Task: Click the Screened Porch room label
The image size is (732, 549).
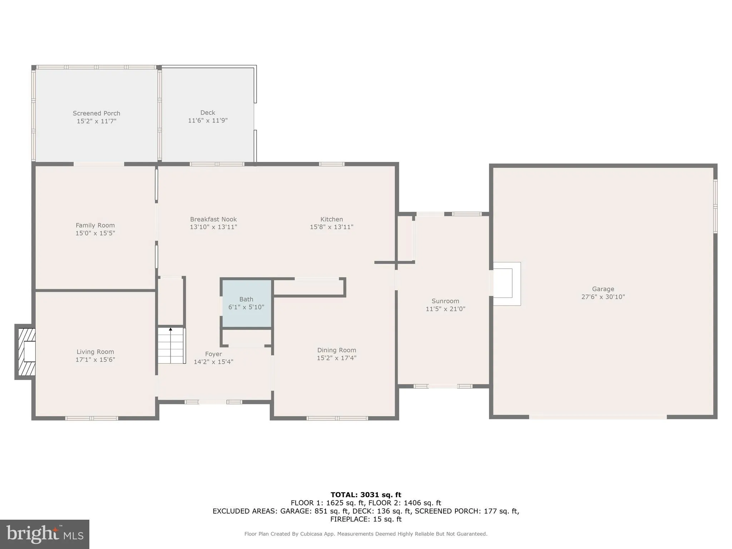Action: (x=97, y=113)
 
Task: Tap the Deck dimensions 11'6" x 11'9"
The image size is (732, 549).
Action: (x=208, y=120)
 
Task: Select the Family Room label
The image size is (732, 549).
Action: (x=95, y=225)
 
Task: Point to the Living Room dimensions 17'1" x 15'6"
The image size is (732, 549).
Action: (x=95, y=360)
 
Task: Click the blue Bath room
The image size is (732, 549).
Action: (x=246, y=303)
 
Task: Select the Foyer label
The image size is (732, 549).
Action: (x=213, y=354)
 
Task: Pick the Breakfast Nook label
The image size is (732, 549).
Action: (x=213, y=219)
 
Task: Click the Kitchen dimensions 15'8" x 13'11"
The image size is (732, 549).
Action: (x=331, y=227)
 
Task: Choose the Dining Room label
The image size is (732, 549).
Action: (x=336, y=350)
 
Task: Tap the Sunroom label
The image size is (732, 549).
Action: (x=445, y=301)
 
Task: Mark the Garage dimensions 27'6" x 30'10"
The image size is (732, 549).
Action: (x=603, y=297)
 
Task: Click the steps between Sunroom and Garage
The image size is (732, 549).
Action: (x=506, y=284)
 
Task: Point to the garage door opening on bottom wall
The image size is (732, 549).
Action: (x=598, y=417)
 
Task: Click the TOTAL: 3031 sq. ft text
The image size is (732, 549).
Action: (x=366, y=495)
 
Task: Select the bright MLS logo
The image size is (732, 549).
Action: (x=45, y=534)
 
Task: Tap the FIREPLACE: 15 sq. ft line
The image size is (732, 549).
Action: (x=366, y=519)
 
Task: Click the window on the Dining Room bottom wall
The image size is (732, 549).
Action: (x=337, y=418)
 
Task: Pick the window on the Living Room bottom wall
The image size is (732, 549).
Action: (x=91, y=418)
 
